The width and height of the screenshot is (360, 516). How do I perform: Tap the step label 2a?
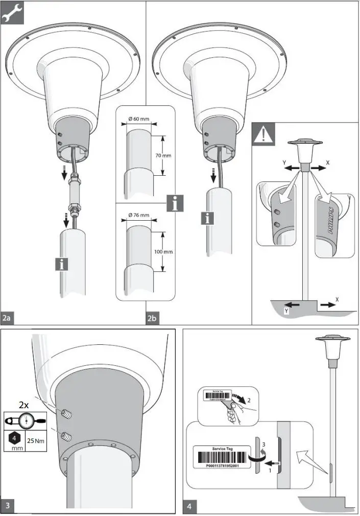point(7,318)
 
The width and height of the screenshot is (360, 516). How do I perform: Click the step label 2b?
point(152,318)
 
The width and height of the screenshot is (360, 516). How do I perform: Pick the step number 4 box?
point(189,507)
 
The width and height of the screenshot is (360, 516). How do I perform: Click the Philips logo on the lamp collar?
point(327,223)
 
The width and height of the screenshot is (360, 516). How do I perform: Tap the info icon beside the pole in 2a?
point(62,264)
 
